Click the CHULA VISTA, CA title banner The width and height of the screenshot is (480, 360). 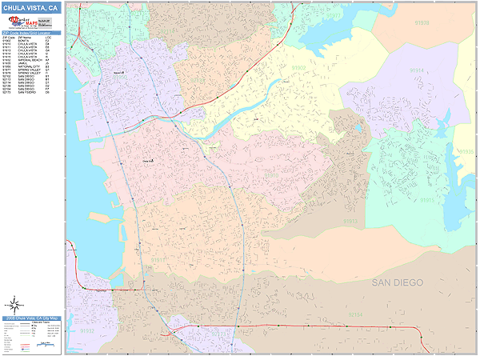click(32, 7)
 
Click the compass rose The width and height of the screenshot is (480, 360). click(14, 305)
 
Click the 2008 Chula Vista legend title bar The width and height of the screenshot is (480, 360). click(32, 318)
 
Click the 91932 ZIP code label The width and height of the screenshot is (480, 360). click(86, 330)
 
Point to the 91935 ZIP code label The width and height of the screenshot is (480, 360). click(466, 151)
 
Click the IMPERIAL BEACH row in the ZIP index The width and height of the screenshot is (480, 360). click(32, 60)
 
